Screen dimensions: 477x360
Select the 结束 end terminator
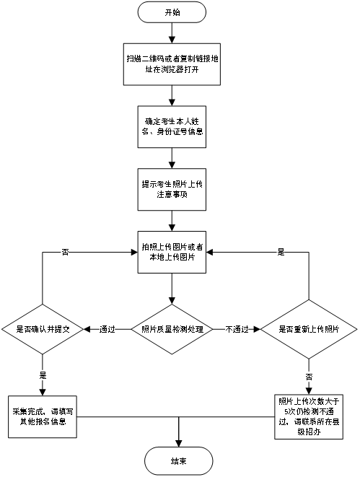(x=178, y=460)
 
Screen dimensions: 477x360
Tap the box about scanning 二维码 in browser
(x=172, y=64)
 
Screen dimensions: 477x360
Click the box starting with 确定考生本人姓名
(x=172, y=126)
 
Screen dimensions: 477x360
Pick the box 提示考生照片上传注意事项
(x=172, y=189)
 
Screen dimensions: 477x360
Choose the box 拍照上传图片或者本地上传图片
(x=172, y=251)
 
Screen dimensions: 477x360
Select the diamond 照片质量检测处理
(x=172, y=329)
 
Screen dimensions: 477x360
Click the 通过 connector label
(x=107, y=329)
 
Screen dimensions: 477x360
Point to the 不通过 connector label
(x=237, y=329)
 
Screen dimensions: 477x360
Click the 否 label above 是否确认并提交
(x=65, y=253)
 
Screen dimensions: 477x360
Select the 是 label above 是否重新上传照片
(x=281, y=253)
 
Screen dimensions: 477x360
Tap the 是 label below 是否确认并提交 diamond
(x=42, y=375)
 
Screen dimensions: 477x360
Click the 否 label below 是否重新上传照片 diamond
(x=309, y=377)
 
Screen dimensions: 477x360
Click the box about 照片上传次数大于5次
(x=309, y=416)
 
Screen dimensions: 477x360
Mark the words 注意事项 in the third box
(x=172, y=195)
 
